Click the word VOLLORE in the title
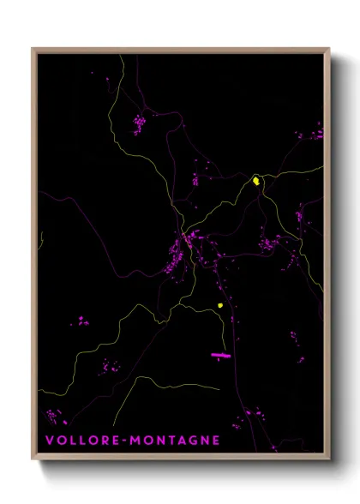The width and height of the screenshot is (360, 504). coord(82,441)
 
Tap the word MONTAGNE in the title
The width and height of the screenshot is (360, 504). coord(177,441)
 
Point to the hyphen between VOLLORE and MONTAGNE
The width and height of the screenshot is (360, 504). coord(125,441)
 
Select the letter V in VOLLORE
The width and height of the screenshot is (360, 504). coord(48,441)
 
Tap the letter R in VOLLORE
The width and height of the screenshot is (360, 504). coord(105,441)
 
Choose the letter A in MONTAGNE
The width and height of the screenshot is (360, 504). coord(181,441)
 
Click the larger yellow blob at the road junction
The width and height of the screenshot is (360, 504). coord(255,181)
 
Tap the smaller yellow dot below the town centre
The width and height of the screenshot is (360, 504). coord(220,305)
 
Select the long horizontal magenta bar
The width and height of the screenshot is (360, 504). coord(221,354)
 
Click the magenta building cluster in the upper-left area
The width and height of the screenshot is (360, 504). coord(138,125)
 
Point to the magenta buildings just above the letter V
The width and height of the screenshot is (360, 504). coord(55,417)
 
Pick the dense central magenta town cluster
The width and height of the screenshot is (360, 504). coord(180,253)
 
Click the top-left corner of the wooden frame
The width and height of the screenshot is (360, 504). coord(33,49)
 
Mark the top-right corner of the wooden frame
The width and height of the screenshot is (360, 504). coord(329,49)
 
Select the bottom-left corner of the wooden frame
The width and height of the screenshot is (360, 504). coord(33,459)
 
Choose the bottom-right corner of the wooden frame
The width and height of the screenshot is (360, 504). coord(329,459)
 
